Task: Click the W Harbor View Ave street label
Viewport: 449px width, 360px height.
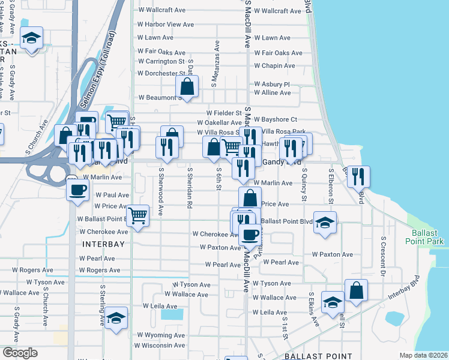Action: click(x=165, y=25)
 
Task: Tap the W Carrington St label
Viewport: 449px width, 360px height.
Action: click(x=161, y=61)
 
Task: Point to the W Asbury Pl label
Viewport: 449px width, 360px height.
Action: click(x=272, y=85)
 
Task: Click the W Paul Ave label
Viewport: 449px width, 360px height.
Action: click(x=107, y=195)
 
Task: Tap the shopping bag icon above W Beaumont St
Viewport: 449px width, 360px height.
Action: click(x=187, y=86)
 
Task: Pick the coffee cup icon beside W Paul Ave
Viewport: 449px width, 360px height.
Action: click(x=77, y=190)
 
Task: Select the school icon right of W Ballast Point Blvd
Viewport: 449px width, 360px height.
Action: click(x=325, y=223)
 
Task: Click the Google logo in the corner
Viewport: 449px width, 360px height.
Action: click(x=20, y=353)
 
